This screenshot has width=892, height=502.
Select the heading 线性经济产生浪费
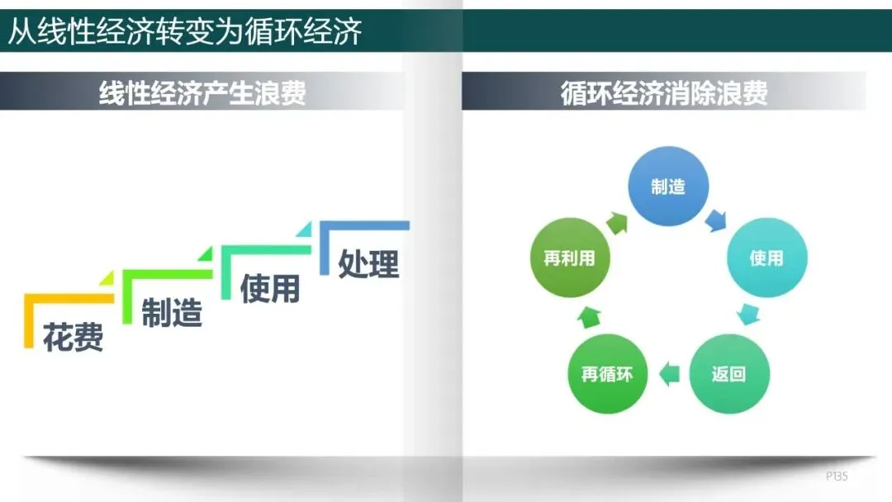tap(202, 92)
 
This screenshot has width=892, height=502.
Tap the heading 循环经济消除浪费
tap(664, 92)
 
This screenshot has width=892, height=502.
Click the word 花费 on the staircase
tap(74, 337)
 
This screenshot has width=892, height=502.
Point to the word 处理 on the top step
tap(368, 263)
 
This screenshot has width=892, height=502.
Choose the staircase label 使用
tap(269, 288)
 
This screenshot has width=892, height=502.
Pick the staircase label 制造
tap(172, 313)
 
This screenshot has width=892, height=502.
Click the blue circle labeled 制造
tap(668, 187)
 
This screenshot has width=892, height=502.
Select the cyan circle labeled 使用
tap(766, 258)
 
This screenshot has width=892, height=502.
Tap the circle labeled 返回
tap(728, 374)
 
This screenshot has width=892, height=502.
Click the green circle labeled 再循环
tap(607, 374)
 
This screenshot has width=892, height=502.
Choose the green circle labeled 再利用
tap(569, 258)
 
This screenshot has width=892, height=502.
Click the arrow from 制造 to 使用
tap(715, 220)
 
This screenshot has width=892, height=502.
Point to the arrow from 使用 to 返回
tap(747, 314)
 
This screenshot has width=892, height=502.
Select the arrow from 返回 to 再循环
tap(669, 374)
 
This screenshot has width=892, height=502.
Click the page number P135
tap(837, 476)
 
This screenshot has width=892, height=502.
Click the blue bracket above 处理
tap(363, 225)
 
